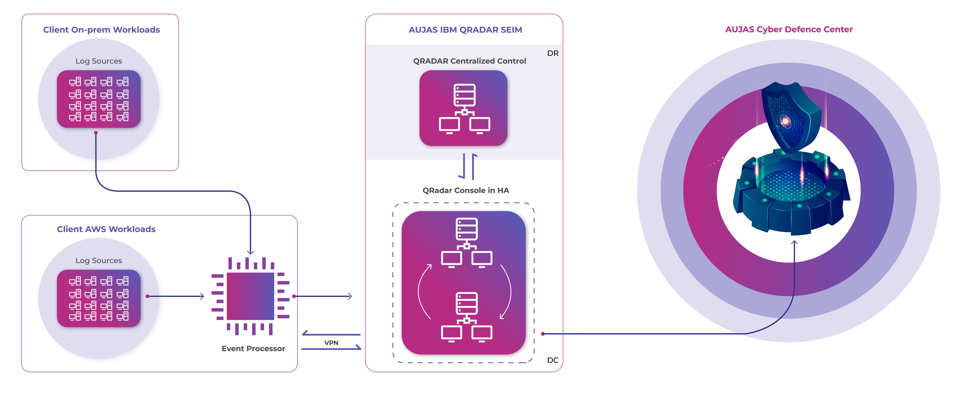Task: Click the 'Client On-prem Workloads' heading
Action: pos(101,30)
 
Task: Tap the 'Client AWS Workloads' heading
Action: pos(106,229)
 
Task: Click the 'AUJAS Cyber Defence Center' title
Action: pos(789,29)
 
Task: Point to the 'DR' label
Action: pos(552,53)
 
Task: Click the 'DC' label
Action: pos(552,360)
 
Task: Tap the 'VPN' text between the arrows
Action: pos(331,343)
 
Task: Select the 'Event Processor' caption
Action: pos(253,349)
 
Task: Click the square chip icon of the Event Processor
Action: pos(250,296)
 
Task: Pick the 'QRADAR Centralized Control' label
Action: pos(469,61)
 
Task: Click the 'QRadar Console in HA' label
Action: pos(466,190)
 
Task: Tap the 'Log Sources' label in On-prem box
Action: pos(99,61)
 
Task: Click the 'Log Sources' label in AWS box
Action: pos(99,260)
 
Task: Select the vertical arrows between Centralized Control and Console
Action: pos(468,166)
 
